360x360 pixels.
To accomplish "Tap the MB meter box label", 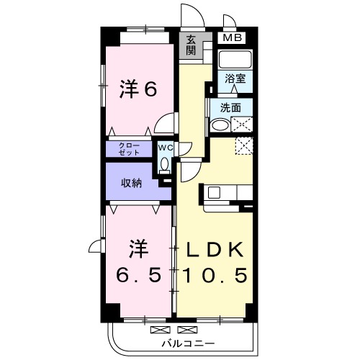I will click(x=232, y=37).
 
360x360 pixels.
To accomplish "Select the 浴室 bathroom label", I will click(x=235, y=78).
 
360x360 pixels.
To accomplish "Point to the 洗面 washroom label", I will click(x=230, y=108).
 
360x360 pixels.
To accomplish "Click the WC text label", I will click(x=164, y=148).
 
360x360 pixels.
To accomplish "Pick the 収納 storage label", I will click(x=130, y=183).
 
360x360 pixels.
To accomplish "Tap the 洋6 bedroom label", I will click(x=138, y=90).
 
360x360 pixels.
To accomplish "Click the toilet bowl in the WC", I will click(x=164, y=164).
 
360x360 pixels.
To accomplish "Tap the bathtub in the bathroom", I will click(x=235, y=60).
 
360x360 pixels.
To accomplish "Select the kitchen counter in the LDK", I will click(x=228, y=192).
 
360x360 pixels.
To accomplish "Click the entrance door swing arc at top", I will click(x=189, y=16).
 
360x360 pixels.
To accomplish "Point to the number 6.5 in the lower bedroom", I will click(x=138, y=275).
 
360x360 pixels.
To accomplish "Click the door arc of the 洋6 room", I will click(x=166, y=123).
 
